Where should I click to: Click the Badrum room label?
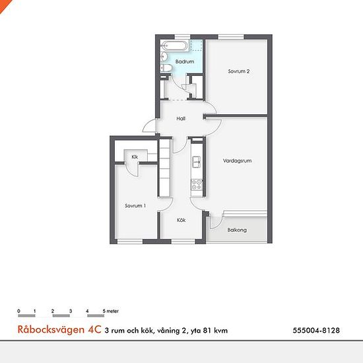pos(185,61)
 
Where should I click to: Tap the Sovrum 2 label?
pos(239,71)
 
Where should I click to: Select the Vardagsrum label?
pos(237,160)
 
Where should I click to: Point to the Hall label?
pos(181,119)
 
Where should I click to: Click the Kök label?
pos(181,220)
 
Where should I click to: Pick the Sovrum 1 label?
pos(135,205)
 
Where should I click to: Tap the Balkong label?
pos(237,230)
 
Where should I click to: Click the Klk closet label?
pos(135,156)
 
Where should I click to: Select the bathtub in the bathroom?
pos(174,46)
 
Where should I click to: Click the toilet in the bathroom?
pos(166,68)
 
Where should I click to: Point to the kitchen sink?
pos(196,162)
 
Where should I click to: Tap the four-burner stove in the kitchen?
pos(197,185)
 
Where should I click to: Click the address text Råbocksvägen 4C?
pos(59,329)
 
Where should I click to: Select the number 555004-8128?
pos(316,330)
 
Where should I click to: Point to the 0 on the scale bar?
pos(18,311)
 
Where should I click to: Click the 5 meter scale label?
pos(111,311)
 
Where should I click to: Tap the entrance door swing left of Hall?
pos(149,125)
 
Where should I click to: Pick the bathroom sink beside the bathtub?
pos(164,56)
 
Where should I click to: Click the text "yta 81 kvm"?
pos(209,331)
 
